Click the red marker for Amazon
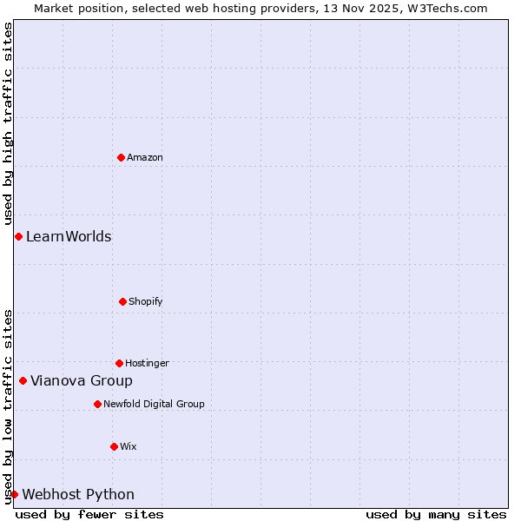121,157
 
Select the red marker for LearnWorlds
18,236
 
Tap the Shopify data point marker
122,301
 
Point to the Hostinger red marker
119,363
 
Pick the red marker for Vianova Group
23,380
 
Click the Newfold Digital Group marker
97,404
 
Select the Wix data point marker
114,446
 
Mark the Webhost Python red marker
14,494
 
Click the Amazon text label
145,157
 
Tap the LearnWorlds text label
69,236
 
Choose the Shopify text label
146,301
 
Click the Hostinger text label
147,363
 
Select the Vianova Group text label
82,380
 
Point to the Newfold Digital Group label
154,404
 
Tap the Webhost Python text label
78,494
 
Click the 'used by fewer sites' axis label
89,514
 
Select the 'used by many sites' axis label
436,514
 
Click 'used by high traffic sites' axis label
8,124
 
